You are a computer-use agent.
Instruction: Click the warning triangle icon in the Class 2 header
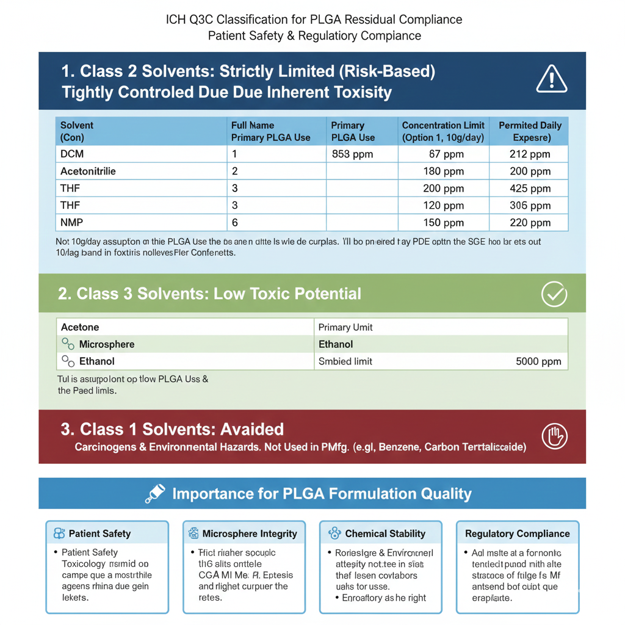[551, 80]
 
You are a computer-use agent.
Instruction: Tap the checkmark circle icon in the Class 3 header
[554, 295]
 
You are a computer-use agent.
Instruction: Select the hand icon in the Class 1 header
[554, 436]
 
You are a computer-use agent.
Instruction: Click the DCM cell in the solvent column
[72, 154]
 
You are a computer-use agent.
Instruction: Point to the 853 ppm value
[352, 154]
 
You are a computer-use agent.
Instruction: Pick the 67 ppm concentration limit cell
[443, 154]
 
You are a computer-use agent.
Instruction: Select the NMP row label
[72, 223]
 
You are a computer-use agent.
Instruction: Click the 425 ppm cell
[529, 189]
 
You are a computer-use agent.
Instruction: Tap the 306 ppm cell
[529, 206]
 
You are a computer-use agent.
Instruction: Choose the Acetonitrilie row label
[88, 172]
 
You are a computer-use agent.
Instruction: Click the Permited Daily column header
[529, 131]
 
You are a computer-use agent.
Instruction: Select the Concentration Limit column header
[443, 131]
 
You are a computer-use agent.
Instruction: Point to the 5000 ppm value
[538, 361]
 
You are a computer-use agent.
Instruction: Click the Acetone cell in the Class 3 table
[80, 327]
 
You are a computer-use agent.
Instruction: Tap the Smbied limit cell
[345, 361]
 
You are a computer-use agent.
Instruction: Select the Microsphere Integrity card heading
[249, 533]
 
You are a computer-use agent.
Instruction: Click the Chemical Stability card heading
[385, 533]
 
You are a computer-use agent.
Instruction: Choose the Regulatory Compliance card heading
[517, 533]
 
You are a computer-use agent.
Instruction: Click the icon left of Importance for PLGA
[155, 494]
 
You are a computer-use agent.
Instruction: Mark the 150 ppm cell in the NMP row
[443, 223]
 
